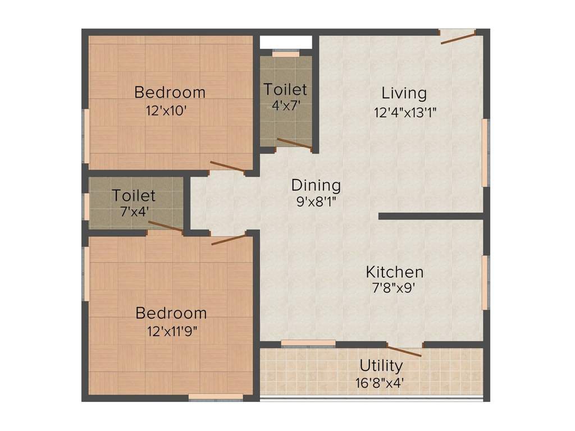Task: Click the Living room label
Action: point(404,93)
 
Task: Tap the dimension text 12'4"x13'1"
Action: point(405,112)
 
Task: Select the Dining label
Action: point(316,185)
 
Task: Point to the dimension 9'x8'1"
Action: point(316,201)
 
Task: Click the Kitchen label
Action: point(395,272)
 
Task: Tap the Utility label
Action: point(381,366)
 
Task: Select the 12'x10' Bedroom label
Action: point(170,92)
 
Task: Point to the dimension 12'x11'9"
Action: point(170,331)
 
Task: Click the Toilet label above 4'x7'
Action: point(286,89)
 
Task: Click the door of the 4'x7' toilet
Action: point(294,144)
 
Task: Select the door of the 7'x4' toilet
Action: point(166,226)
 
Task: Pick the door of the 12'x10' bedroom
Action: point(227,167)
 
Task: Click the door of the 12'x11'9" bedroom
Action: point(229,240)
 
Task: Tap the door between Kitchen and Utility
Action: point(404,350)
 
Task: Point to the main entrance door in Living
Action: point(458,37)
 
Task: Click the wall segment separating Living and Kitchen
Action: point(430,216)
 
